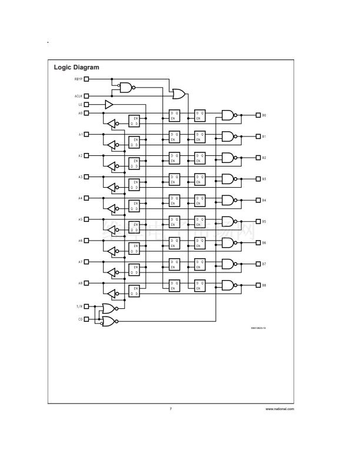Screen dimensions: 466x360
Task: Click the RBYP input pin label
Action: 78,78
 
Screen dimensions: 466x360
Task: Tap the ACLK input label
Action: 78,96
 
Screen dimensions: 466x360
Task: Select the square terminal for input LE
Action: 87,105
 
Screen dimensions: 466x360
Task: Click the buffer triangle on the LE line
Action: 109,105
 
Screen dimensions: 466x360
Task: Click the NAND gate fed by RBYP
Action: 126,87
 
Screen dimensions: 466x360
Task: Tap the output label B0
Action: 264,115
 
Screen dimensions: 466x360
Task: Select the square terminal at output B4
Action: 257,201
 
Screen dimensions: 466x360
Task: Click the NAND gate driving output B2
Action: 228,158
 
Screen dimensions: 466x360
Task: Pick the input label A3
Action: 80,177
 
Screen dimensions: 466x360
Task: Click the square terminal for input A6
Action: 87,241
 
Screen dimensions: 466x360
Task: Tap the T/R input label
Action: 79,307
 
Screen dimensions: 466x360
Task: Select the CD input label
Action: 80,319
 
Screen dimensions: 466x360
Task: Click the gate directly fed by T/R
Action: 109,308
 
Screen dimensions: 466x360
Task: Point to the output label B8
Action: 264,285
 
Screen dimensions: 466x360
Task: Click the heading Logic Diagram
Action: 76,67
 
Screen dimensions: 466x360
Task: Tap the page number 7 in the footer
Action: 171,409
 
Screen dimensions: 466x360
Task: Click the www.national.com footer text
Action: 279,409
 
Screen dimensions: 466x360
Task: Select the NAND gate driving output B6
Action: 228,243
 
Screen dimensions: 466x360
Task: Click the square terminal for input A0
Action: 87,113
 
